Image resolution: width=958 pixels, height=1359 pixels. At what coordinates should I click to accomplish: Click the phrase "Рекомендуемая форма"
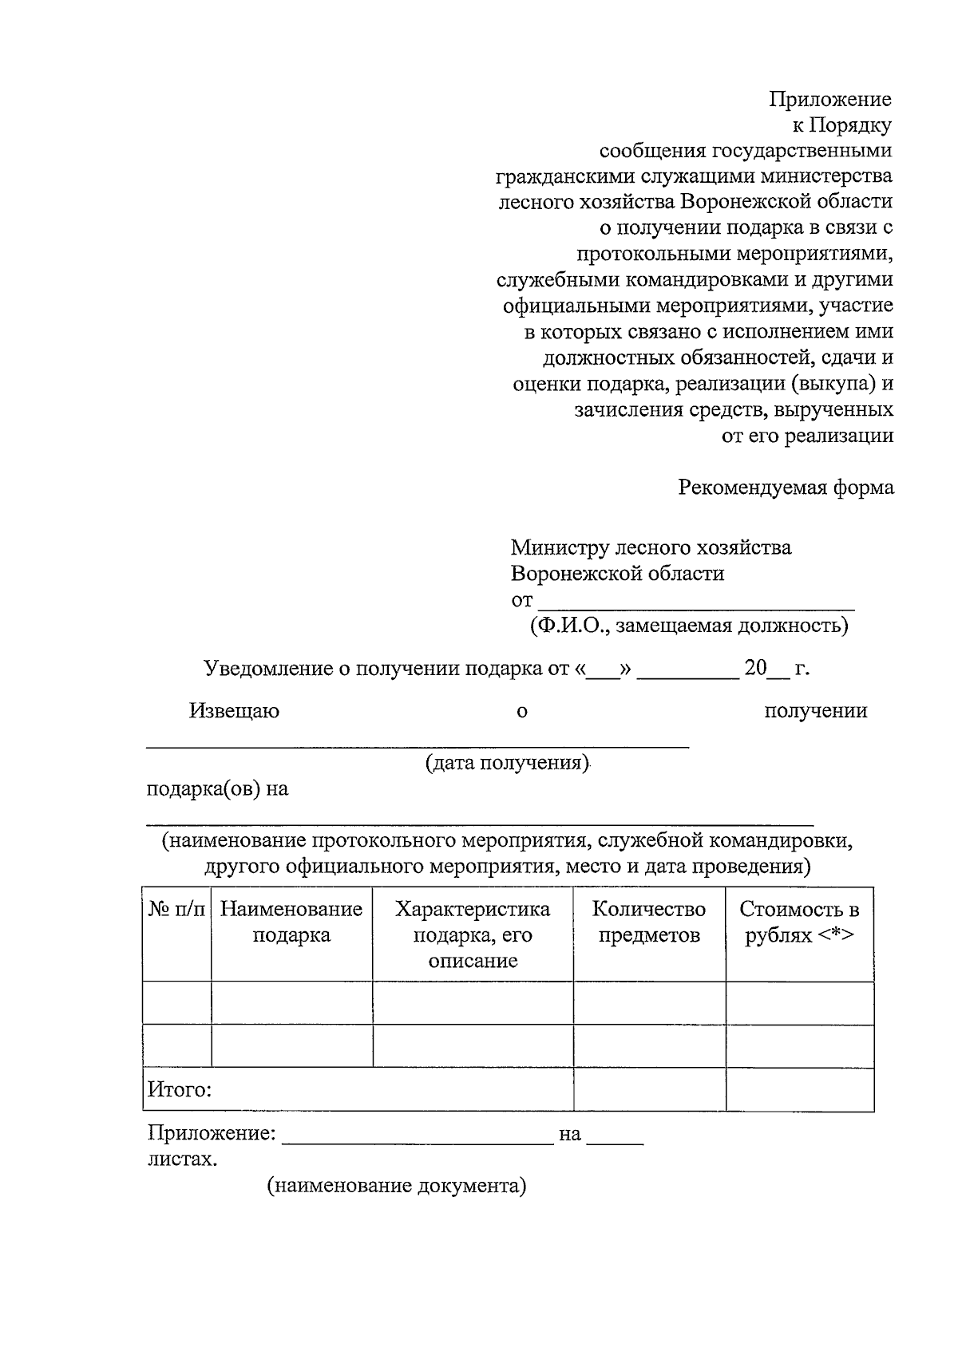coord(786,488)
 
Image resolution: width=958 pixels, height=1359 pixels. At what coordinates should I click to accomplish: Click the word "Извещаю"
coord(234,711)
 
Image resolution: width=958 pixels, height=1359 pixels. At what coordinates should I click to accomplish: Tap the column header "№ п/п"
coord(176,910)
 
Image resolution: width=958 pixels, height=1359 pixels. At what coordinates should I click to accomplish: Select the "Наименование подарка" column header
coord(291,922)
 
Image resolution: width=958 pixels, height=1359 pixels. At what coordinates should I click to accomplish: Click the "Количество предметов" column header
coord(648,922)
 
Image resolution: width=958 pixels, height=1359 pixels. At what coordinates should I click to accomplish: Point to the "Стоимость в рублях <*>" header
coord(799,922)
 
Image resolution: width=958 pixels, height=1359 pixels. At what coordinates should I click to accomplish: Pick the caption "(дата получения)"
coord(507,763)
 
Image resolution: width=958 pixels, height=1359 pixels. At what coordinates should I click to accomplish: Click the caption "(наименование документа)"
coord(397,1186)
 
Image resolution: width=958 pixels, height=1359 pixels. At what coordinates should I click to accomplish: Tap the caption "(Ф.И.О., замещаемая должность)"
coord(688,625)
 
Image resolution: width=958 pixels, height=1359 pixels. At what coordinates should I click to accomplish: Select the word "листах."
coord(182,1159)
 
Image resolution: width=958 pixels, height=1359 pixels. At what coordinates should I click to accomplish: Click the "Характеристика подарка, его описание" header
coord(473,934)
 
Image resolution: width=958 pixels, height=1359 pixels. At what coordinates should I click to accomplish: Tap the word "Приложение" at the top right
coord(830,100)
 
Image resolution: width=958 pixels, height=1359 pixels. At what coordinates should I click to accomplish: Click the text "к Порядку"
coord(841,125)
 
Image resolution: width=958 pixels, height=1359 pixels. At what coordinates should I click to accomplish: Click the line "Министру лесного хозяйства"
coord(651,548)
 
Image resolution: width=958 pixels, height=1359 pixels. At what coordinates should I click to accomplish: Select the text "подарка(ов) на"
coord(217,789)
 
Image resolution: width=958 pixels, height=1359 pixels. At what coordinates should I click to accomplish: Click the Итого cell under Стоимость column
coord(799,1090)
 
